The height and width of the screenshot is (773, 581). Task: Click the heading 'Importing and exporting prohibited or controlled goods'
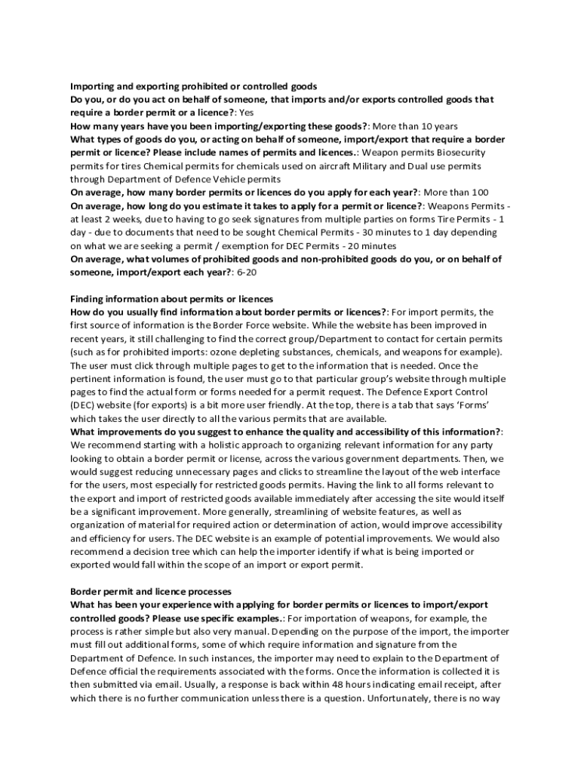tap(194, 86)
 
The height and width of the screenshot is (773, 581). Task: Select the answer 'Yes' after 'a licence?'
tap(247, 112)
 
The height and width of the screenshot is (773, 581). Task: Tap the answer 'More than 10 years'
tap(416, 126)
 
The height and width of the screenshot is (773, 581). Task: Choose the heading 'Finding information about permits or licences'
tap(171, 299)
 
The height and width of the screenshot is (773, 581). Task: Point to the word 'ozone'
tap(243, 352)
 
